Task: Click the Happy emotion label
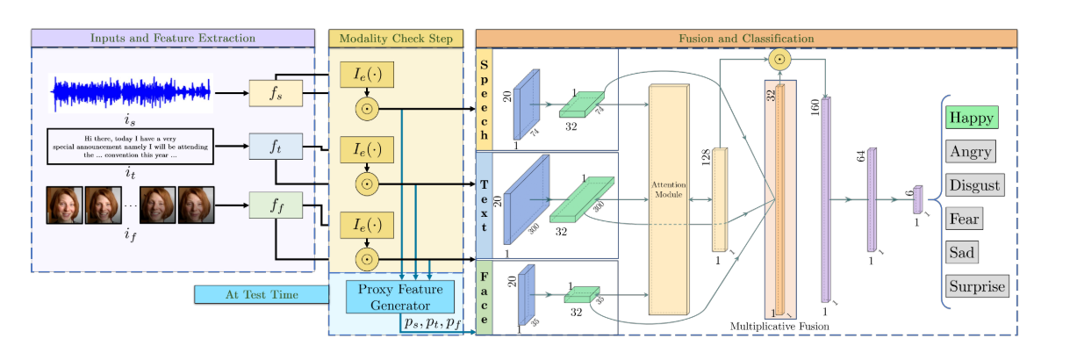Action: pyautogui.click(x=971, y=118)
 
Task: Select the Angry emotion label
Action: pyautogui.click(x=970, y=152)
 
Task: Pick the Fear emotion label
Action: pyautogui.click(x=964, y=219)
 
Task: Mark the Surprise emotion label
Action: pyautogui.click(x=977, y=286)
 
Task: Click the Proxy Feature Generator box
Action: pyautogui.click(x=399, y=298)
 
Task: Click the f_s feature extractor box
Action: pyautogui.click(x=276, y=92)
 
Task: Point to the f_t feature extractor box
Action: pyautogui.click(x=276, y=148)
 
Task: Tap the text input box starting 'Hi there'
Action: pyautogui.click(x=131, y=146)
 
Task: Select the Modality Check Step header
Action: pyautogui.click(x=396, y=39)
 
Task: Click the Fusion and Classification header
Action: pyautogui.click(x=746, y=39)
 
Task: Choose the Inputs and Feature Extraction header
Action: pyautogui.click(x=173, y=39)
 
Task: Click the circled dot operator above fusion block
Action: pyautogui.click(x=779, y=61)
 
